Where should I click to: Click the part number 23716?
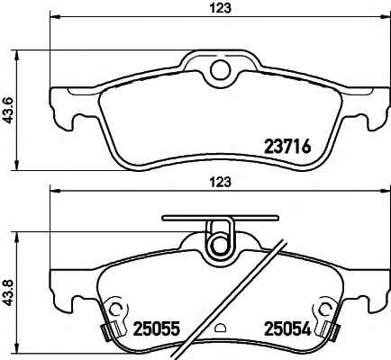(286, 147)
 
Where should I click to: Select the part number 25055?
(156, 328)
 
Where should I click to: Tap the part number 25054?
(286, 328)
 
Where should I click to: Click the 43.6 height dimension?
(9, 111)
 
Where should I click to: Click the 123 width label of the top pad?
(220, 8)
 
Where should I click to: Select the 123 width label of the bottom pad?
(220, 182)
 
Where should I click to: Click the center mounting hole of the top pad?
(221, 69)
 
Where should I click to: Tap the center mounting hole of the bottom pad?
(221, 245)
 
